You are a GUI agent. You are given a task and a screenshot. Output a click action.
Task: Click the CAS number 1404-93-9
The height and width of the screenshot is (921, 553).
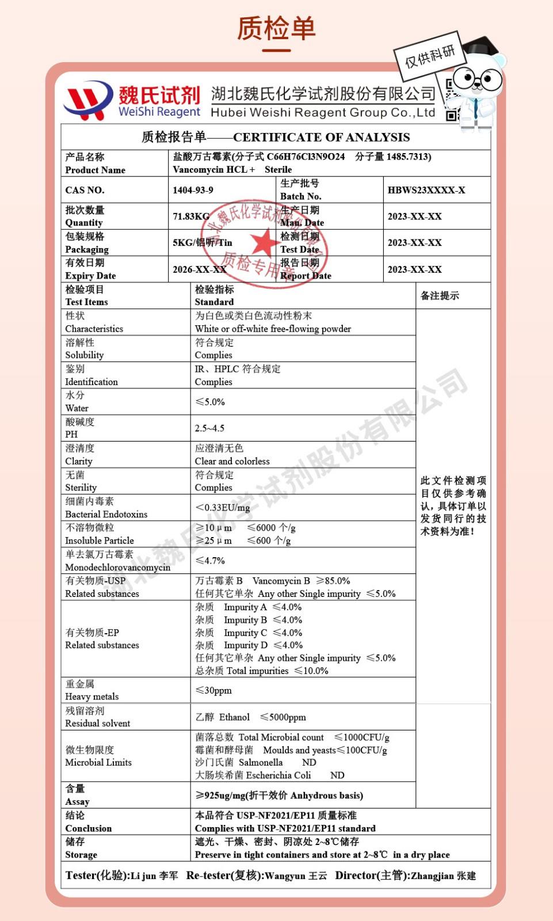click(x=193, y=190)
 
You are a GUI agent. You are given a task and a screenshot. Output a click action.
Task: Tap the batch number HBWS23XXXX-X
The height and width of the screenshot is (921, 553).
click(x=426, y=190)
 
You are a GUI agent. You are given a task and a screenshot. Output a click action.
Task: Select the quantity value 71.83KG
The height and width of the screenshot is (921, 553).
click(x=191, y=216)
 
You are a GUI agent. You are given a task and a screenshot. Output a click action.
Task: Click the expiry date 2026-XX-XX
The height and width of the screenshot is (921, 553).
click(x=199, y=269)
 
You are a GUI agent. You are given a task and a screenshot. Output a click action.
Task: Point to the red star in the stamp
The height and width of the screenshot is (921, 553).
click(x=264, y=242)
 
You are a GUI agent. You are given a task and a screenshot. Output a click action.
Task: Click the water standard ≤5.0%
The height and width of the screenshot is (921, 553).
click(x=210, y=402)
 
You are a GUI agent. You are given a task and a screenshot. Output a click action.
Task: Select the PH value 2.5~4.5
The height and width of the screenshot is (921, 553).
click(x=209, y=428)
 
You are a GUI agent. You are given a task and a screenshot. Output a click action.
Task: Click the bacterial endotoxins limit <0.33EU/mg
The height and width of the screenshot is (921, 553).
click(x=223, y=508)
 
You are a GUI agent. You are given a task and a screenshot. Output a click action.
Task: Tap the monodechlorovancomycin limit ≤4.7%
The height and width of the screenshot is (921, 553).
click(x=210, y=561)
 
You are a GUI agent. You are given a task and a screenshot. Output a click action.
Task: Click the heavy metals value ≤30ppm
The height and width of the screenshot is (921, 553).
click(x=213, y=690)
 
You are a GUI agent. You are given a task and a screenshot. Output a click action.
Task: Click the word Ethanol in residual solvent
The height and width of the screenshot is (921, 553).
click(x=234, y=717)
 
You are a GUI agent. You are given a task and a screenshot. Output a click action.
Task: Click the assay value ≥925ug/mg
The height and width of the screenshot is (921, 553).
click(x=279, y=796)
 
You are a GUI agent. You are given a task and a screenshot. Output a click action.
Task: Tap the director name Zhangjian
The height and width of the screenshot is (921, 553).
click(x=432, y=876)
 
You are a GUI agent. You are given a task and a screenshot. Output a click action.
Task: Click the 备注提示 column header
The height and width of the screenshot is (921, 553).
click(x=440, y=296)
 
